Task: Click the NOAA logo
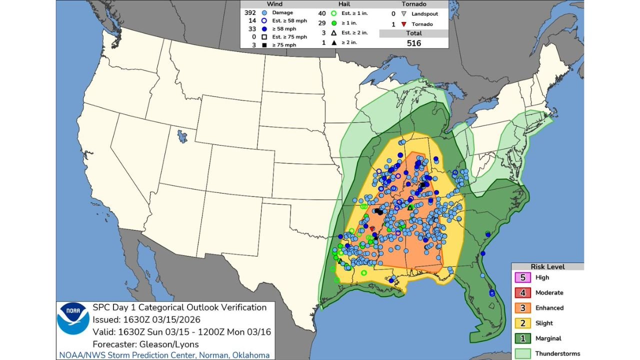[73, 318]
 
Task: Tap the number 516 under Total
[413, 43]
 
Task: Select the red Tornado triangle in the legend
[403, 24]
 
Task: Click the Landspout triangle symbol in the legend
[403, 13]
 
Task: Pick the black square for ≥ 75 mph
[264, 45]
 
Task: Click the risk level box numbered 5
[523, 277]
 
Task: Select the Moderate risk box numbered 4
[523, 292]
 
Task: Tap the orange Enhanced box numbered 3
[523, 308]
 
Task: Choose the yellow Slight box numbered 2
[523, 323]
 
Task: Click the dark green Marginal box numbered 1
[523, 338]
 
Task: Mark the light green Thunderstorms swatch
[523, 353]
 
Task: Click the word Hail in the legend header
[344, 4]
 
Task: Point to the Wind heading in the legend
[274, 4]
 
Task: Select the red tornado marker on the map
[372, 228]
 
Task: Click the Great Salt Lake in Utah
[182, 135]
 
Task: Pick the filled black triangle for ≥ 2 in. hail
[333, 43]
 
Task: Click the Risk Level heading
[547, 266]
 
